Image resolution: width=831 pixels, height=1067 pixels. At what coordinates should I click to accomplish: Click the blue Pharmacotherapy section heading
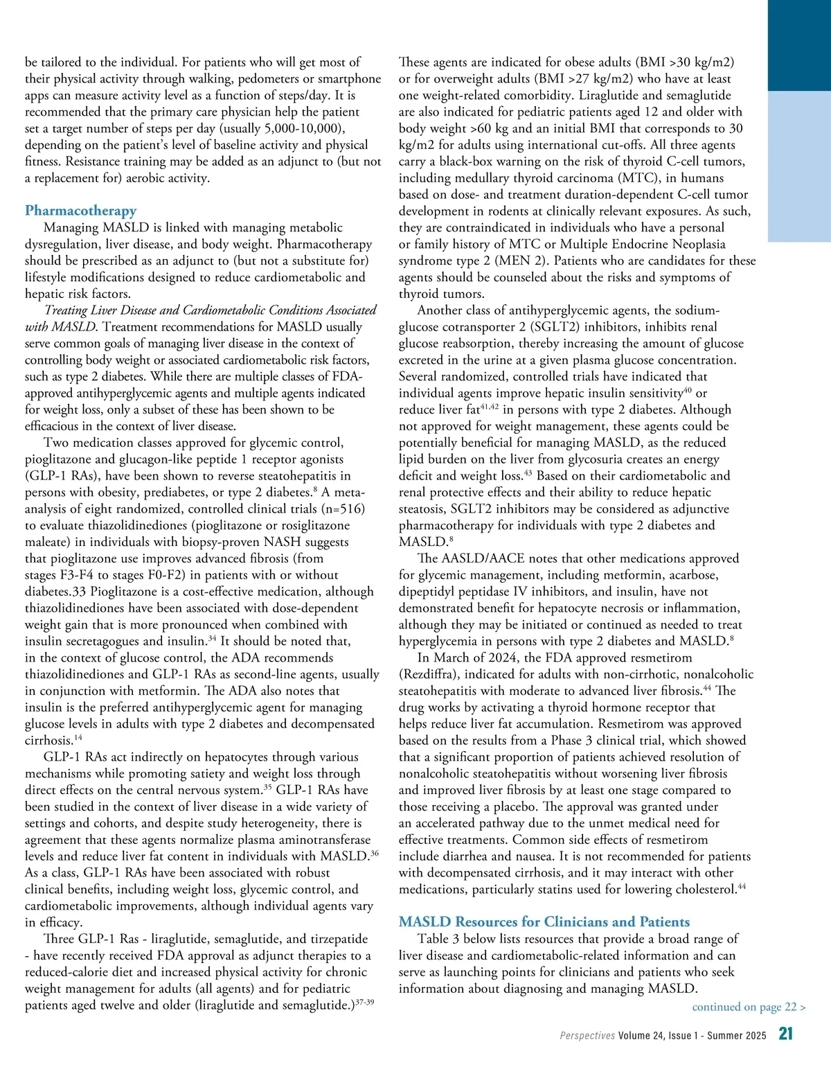(x=81, y=211)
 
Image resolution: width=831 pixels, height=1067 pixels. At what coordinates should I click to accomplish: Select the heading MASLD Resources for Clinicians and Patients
(x=544, y=922)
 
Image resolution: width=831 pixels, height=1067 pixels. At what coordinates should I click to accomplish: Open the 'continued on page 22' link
(x=749, y=1007)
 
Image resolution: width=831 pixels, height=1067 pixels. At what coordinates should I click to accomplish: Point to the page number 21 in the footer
(x=786, y=1034)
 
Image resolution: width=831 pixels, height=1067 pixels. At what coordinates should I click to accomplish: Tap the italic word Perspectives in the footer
(x=587, y=1036)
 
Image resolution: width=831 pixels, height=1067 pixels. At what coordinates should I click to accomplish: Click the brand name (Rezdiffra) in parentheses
(x=430, y=675)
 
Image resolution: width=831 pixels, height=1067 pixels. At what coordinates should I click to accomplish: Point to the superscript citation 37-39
(x=364, y=1003)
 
